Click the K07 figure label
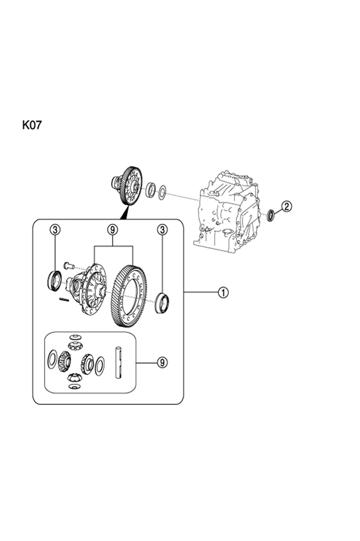(x=32, y=125)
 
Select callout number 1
(x=223, y=293)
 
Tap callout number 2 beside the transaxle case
(x=287, y=206)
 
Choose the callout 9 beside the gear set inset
(x=162, y=362)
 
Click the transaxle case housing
(x=229, y=212)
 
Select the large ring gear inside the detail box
(x=129, y=296)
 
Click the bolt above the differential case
(x=67, y=266)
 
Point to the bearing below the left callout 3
(x=54, y=281)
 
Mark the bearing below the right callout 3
(x=162, y=303)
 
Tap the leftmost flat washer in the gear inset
(x=52, y=359)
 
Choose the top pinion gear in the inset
(x=74, y=346)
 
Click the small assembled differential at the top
(x=127, y=186)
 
